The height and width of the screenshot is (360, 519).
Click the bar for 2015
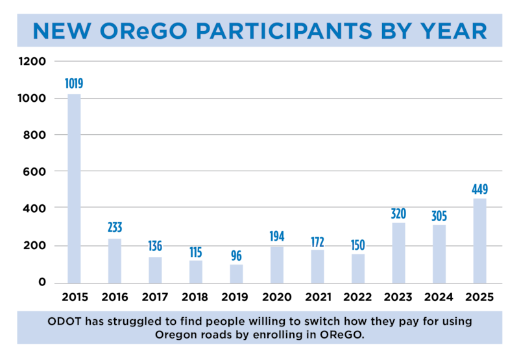(74, 189)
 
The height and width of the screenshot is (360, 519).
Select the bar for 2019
(236, 274)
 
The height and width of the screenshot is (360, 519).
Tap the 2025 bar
(479, 241)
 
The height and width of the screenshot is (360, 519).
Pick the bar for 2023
(398, 253)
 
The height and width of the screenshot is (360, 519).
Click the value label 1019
(74, 84)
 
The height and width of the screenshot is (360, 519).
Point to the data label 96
(236, 256)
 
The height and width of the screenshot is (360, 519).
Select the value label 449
(479, 189)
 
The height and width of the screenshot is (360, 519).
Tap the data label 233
(115, 227)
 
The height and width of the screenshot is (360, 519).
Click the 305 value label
(439, 216)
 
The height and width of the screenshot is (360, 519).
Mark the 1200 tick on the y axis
(32, 61)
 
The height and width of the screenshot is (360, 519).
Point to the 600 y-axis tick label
(34, 172)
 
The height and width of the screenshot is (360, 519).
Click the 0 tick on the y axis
(42, 282)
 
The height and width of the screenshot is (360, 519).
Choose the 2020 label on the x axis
(277, 297)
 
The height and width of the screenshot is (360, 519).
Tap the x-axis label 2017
(155, 297)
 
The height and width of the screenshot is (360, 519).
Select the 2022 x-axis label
(357, 297)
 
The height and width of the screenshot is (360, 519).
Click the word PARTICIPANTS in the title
(285, 30)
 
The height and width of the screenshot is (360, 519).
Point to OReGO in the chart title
(143, 30)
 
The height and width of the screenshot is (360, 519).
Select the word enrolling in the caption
(280, 335)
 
